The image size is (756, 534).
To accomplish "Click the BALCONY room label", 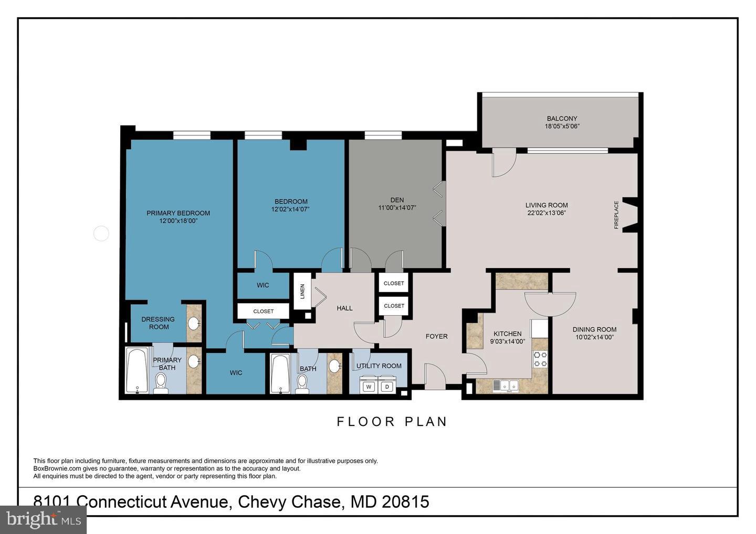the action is (562, 119).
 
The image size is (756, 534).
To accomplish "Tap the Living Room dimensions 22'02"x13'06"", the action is (547, 213).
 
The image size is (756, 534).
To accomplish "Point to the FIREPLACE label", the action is (616, 215).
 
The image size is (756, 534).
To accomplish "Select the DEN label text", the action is (397, 200).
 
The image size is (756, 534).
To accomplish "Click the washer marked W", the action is (369, 387).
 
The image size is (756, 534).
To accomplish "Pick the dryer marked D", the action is (387, 387).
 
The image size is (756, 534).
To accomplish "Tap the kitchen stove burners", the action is (540, 359).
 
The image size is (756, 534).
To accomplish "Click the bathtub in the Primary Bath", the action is (136, 370).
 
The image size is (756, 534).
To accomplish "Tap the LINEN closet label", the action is (302, 291).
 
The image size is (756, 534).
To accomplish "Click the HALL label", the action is (344, 308).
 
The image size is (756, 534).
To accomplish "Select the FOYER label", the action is (436, 336).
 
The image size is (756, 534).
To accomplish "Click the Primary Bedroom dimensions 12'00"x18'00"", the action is (178, 221).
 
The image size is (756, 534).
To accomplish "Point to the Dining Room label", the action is (594, 329).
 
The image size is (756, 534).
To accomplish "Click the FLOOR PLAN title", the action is (392, 422).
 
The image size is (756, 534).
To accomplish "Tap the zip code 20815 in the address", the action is (405, 501).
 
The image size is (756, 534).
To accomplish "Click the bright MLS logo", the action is (43, 519).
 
